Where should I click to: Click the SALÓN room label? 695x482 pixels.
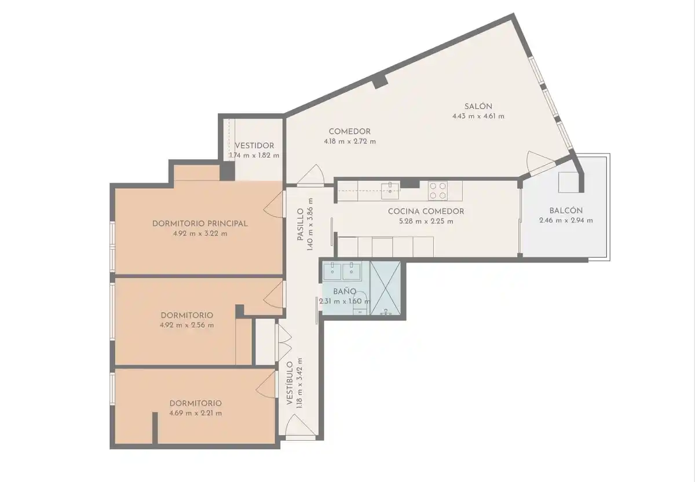coord(478,106)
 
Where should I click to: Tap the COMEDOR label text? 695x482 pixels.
coord(350,132)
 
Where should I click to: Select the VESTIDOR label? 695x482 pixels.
coord(254,145)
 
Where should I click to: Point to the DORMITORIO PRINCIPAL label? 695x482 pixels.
coord(200,224)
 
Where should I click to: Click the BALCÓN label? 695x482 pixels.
coord(566,210)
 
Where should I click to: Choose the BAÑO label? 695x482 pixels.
coord(345,291)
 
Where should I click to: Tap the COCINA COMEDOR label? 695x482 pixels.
coord(426,211)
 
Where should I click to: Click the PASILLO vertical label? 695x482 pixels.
coord(300,224)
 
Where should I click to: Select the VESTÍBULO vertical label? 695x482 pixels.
coord(290,383)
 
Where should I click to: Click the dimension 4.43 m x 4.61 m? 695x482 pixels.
coord(478,116)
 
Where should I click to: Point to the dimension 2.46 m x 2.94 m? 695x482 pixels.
coord(566,221)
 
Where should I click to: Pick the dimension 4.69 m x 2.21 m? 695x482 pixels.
coord(196,413)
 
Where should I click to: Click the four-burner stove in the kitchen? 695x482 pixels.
coord(438,191)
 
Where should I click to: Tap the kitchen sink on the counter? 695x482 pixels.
coord(390,191)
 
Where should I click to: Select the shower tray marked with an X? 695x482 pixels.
coord(385,289)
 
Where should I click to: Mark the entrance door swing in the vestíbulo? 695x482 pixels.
coord(300,425)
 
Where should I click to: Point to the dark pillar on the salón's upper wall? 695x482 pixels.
coord(380,81)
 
